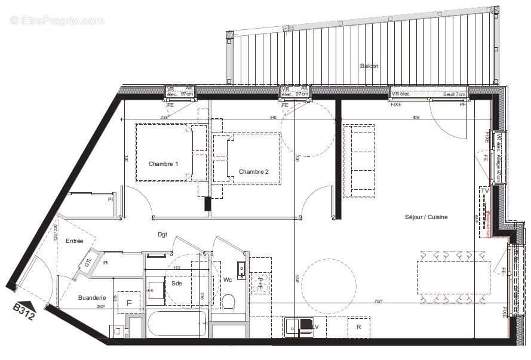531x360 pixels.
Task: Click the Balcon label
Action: coord(369,66)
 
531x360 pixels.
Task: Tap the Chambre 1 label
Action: coord(163,164)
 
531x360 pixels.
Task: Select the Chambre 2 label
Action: coord(253,171)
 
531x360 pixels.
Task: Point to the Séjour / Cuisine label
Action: coord(425,217)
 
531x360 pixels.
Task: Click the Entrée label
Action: coord(74,241)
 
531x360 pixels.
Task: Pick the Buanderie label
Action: coord(92,297)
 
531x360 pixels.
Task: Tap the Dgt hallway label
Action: coord(162,235)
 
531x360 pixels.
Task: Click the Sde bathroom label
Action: coord(176,284)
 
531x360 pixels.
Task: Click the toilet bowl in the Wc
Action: coord(228,302)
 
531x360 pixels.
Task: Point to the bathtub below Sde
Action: coord(176,324)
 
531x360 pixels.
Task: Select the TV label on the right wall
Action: coord(485,191)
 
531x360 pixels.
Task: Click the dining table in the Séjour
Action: coord(453,276)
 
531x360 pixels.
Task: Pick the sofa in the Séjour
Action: coord(358,160)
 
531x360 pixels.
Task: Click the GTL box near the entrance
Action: coord(88,261)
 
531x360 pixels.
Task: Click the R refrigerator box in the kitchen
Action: coord(358,327)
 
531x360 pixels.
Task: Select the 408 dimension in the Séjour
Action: coord(416,118)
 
